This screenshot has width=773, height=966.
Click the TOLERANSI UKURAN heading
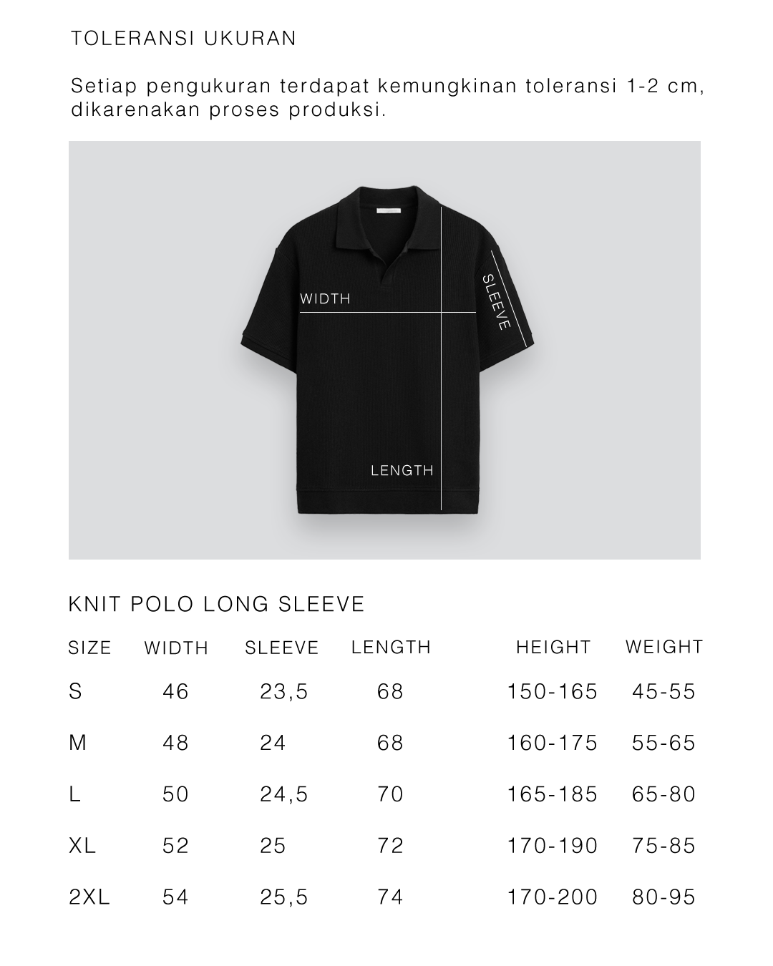[183, 39]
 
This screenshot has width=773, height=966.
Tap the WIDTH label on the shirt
[325, 299]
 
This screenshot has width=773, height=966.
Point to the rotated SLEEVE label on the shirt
[496, 302]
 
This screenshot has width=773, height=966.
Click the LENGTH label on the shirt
[402, 471]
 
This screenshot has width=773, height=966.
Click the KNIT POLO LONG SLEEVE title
[216, 605]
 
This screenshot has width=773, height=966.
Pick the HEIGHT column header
[553, 648]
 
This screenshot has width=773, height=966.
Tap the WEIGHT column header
[664, 647]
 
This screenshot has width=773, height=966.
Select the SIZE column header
[90, 648]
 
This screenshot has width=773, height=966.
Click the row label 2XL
[89, 897]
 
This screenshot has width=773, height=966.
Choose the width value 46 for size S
[175, 692]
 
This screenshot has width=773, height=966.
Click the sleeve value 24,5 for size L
[284, 795]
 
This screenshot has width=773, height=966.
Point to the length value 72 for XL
[391, 846]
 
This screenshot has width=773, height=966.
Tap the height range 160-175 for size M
[552, 743]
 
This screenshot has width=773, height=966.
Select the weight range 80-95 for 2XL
[663, 897]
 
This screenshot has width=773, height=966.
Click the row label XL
[82, 846]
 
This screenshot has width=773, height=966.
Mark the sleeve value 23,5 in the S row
[284, 692]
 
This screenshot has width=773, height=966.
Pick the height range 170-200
[552, 897]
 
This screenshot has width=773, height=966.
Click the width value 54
[175, 897]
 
